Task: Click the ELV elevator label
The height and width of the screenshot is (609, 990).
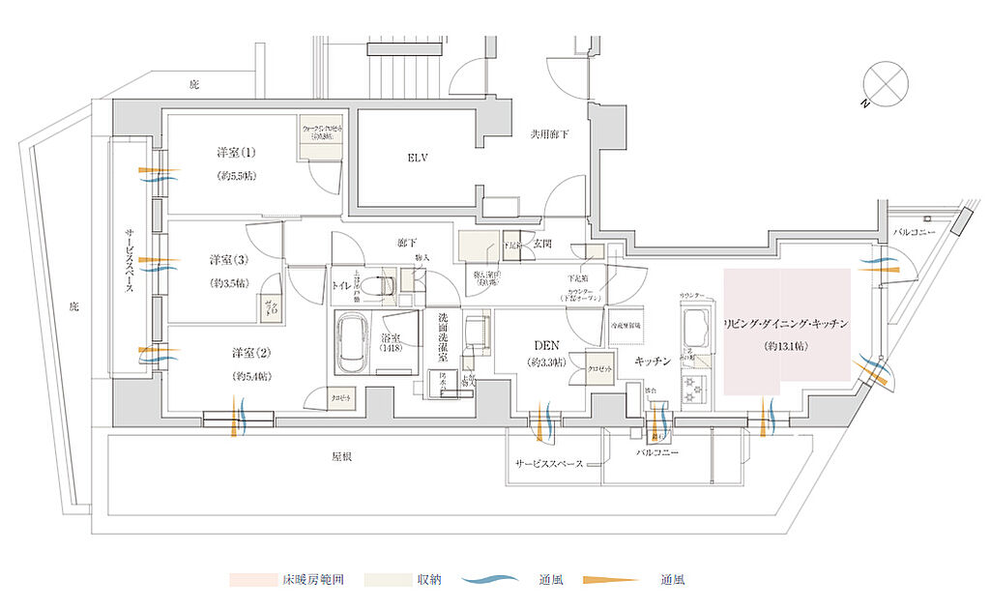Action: tap(418, 158)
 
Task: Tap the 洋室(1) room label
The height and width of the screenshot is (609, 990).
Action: tap(236, 153)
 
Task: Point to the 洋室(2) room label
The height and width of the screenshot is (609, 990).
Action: tap(250, 353)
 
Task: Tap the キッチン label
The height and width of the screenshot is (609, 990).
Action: tap(654, 361)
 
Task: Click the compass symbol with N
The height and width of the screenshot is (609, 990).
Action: tap(883, 80)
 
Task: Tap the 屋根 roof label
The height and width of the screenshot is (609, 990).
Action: tap(341, 454)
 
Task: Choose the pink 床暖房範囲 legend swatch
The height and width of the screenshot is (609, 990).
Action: tap(260, 581)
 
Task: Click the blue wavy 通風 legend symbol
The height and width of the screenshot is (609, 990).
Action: tap(500, 581)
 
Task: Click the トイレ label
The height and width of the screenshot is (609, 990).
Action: tap(340, 286)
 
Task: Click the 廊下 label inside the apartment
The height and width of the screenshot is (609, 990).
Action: tap(405, 246)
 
